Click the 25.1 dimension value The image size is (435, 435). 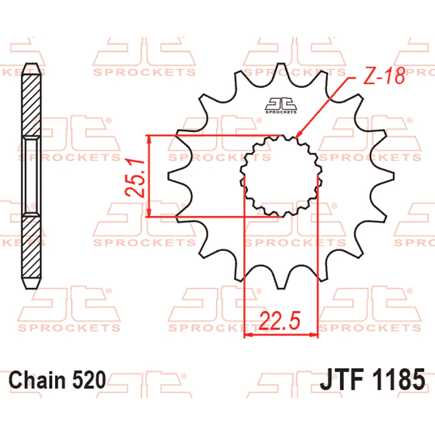pyautogui.click(x=135, y=178)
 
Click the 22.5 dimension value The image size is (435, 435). pyautogui.click(x=279, y=320)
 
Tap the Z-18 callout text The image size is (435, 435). pyautogui.click(x=384, y=76)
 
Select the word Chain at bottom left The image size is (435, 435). pyautogui.click(x=38, y=379)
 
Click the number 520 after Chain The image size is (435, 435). pyautogui.click(x=89, y=379)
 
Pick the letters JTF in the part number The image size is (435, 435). pyautogui.click(x=342, y=379)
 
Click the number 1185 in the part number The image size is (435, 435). pyautogui.click(x=399, y=379)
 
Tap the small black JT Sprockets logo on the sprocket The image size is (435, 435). pyautogui.click(x=281, y=106)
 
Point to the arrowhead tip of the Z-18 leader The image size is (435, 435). pyautogui.click(x=295, y=138)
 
